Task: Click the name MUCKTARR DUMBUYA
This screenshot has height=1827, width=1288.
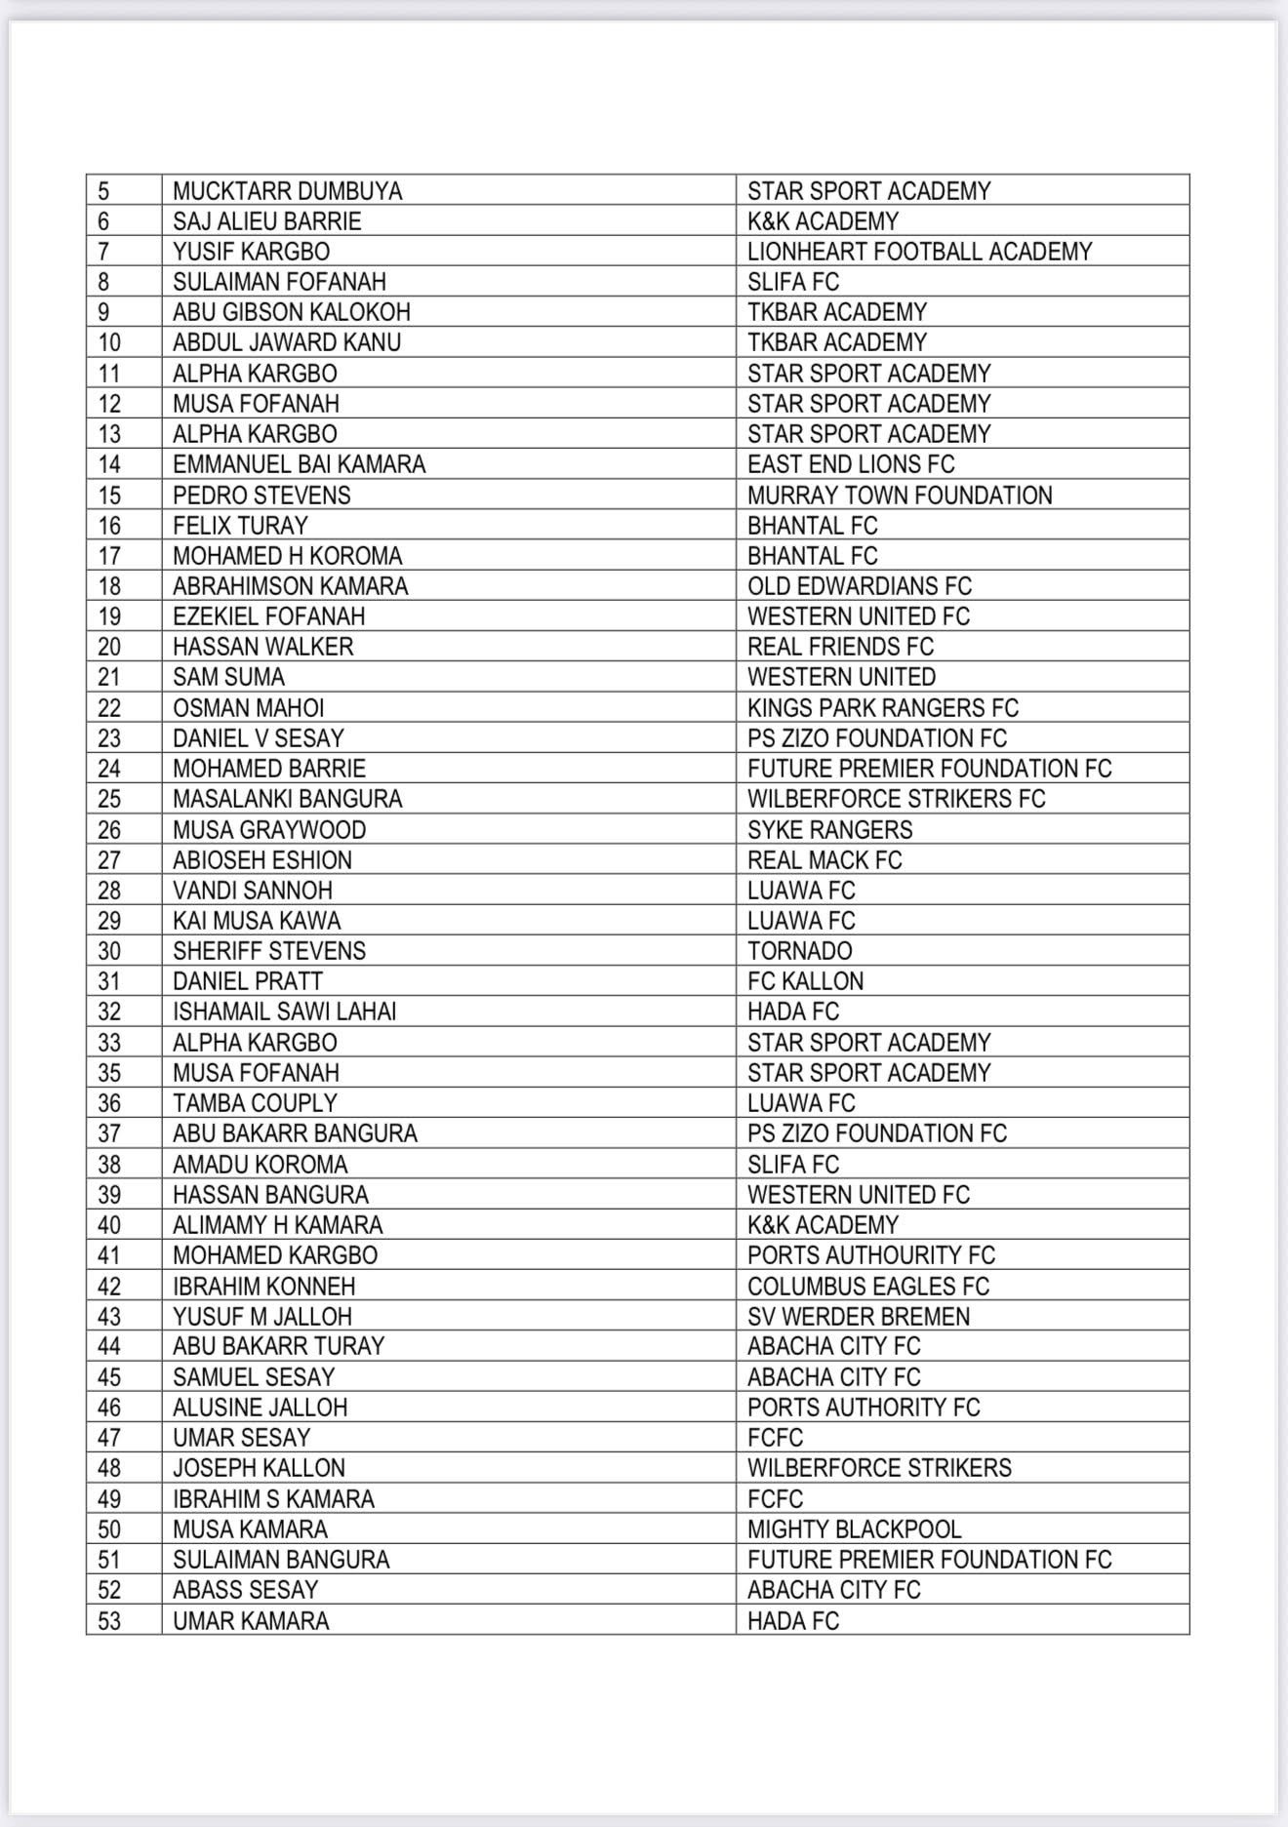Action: pos(287,191)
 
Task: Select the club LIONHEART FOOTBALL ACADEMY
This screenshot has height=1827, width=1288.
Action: pos(919,252)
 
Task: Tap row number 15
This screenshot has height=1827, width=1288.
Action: pos(109,496)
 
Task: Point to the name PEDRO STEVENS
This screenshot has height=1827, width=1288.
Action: pos(262,496)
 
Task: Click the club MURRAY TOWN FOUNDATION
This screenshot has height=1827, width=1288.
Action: pos(900,496)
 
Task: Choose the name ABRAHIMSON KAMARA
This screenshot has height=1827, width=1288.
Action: pos(290,586)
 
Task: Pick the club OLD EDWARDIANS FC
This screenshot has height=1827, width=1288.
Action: pos(859,586)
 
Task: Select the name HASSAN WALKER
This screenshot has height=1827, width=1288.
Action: pos(262,647)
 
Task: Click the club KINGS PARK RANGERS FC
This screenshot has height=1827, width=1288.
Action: pos(882,708)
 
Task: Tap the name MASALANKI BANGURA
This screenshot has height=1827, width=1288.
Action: pos(287,799)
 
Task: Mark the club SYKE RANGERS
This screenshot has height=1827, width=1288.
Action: pos(829,830)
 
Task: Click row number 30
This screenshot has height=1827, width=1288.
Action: pos(109,951)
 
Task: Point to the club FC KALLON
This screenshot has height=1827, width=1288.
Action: pos(805,981)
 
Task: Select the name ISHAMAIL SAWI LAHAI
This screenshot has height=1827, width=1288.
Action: pos(284,1012)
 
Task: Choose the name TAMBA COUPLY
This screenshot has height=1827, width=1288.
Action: pos(254,1103)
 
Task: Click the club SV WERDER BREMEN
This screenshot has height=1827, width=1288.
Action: pos(858,1317)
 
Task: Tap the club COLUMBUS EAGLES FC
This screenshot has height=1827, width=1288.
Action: pos(867,1287)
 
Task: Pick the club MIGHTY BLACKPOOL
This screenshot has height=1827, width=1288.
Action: pos(854,1529)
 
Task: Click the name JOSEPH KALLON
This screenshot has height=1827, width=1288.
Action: pos(259,1468)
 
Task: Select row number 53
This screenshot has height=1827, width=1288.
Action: pos(109,1621)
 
